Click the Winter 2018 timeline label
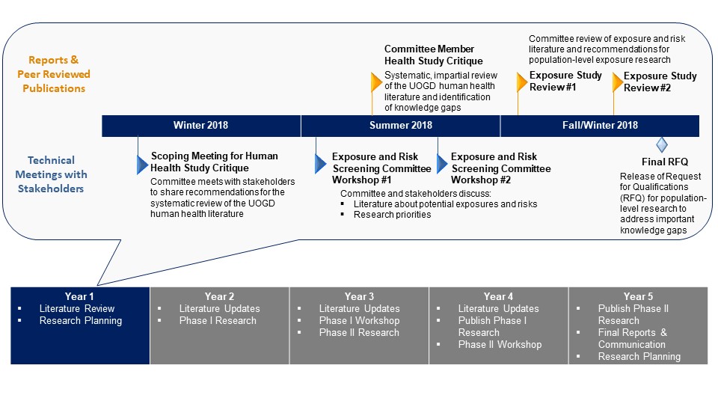pos(200,126)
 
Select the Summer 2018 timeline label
pos(401,126)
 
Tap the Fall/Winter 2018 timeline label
pos(600,126)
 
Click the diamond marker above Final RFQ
pos(661,144)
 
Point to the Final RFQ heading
pos(664,162)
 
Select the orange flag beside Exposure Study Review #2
pos(617,82)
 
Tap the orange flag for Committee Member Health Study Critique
pos(376,81)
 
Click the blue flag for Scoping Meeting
pos(142,163)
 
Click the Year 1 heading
pos(80,296)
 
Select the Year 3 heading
pos(359,296)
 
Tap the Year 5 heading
pos(638,296)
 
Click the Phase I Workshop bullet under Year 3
pos(359,320)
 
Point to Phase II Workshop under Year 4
pos(500,344)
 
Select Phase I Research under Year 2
pos(218,320)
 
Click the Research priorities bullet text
pos(392,215)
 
